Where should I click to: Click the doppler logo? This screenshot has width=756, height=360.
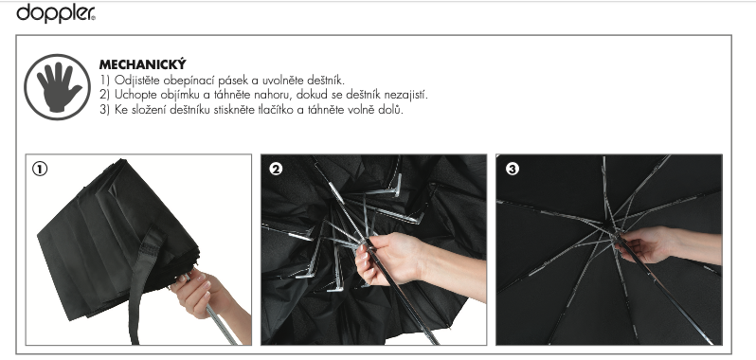pos(56,12)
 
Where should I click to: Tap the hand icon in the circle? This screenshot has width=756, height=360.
pos(58,87)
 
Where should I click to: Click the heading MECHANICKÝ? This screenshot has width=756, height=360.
pos(143,64)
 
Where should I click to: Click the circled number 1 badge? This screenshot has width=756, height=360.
pos(40,170)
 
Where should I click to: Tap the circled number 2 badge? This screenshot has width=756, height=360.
pos(276,170)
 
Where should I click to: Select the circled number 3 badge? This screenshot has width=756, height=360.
pos(512,170)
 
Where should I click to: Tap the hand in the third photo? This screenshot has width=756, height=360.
pos(665,245)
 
